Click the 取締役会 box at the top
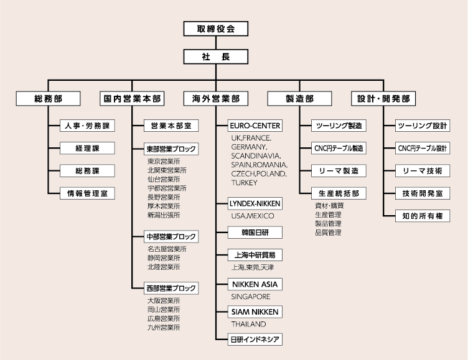pos(216,29)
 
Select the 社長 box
pos(216,57)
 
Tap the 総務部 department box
pos(48,99)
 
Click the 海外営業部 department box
pos(216,99)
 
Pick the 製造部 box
pos(299,99)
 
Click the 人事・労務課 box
pos(87,126)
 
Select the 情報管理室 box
pos(87,193)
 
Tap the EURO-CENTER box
pos(255,126)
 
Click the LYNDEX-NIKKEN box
pos(255,203)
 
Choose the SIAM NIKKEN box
pos(255,312)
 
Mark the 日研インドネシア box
pos(255,339)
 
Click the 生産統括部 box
pos(339,193)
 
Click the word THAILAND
pos(248,324)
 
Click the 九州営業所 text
pos(164,326)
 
